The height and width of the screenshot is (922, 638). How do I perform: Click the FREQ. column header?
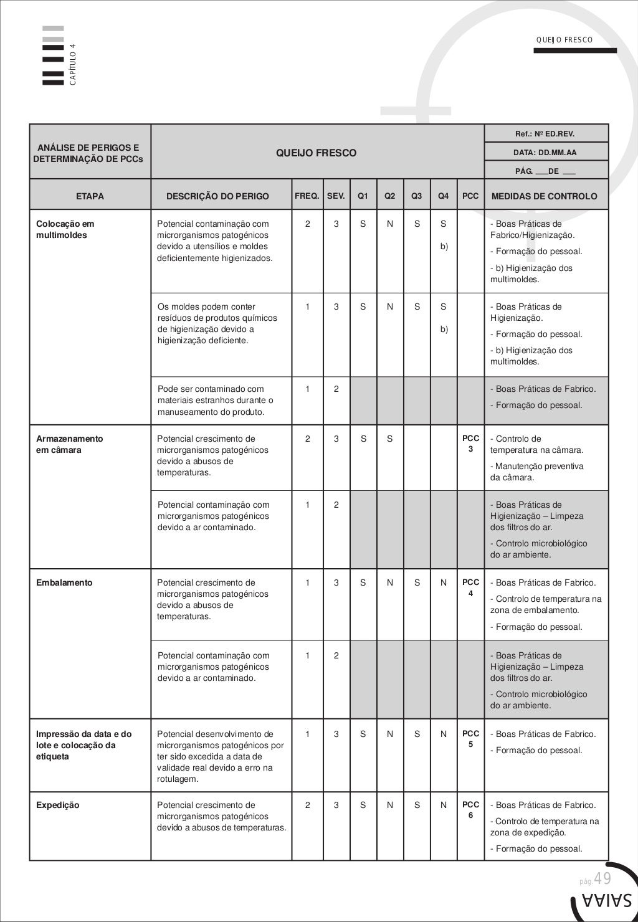(307, 196)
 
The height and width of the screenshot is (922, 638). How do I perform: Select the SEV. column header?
(336, 196)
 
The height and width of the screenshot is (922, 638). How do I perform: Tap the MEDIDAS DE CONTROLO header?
(545, 196)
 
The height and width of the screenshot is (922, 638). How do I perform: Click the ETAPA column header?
(90, 196)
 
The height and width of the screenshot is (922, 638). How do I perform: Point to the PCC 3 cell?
(470, 444)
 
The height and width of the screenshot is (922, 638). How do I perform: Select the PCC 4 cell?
(470, 587)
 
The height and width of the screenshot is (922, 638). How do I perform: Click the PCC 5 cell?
(470, 739)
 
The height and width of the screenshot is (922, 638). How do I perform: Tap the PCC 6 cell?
(470, 810)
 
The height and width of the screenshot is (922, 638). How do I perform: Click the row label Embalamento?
(64, 582)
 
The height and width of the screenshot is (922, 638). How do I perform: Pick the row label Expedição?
(58, 805)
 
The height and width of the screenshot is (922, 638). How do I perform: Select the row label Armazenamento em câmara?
(70, 444)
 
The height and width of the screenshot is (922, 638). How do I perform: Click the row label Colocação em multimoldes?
(65, 229)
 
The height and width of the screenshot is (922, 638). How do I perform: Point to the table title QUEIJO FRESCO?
(317, 153)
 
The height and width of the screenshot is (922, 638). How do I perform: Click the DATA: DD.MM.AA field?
(546, 152)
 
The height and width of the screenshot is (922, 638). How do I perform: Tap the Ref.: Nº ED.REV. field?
(545, 133)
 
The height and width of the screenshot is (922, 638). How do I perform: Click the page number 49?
(602, 878)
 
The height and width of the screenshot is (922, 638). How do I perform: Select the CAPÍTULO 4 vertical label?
(73, 64)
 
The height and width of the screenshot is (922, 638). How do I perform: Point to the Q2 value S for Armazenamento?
(389, 439)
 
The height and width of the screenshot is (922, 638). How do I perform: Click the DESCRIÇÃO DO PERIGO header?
(217, 196)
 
